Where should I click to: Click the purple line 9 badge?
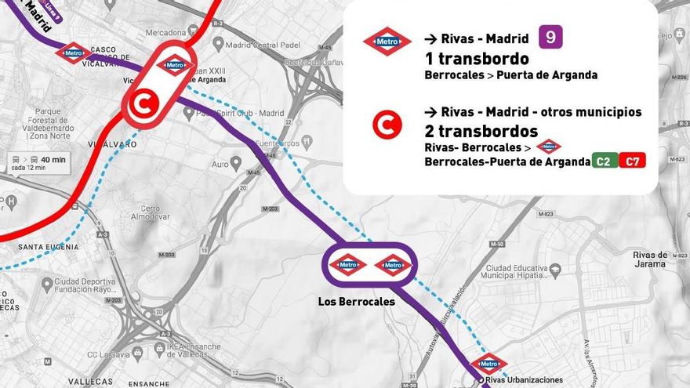point(550,37)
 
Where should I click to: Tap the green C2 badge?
point(605,161)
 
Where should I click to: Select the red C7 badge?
point(632,161)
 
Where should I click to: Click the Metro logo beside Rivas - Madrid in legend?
point(387,41)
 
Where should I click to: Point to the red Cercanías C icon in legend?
point(387,124)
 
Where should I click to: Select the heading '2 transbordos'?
point(481,130)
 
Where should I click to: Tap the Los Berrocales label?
point(356,302)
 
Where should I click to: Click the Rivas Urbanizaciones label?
point(524,380)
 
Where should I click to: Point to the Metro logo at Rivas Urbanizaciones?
point(488,364)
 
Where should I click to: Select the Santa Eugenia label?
point(48,247)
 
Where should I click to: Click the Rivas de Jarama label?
point(650,259)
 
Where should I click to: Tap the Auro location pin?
point(235,162)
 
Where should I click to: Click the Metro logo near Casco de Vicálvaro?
point(73,53)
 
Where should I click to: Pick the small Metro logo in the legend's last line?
point(548,146)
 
